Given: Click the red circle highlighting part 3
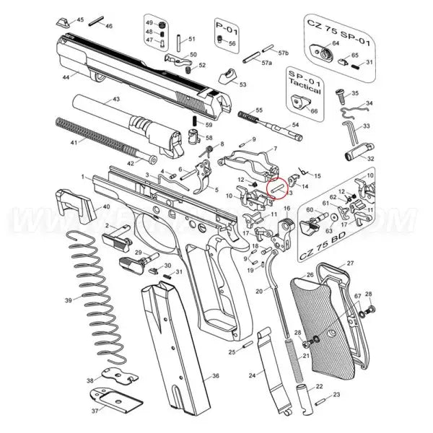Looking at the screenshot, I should coord(276,187).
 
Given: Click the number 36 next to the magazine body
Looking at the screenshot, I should coord(216,376).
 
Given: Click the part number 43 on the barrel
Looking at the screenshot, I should coord(115,98).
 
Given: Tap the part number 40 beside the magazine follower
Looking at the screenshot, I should coord(106,206).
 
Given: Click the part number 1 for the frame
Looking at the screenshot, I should coord(83,176).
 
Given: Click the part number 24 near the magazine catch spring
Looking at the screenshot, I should coord(252,376).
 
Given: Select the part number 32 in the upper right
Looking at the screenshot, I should coord(370,159).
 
